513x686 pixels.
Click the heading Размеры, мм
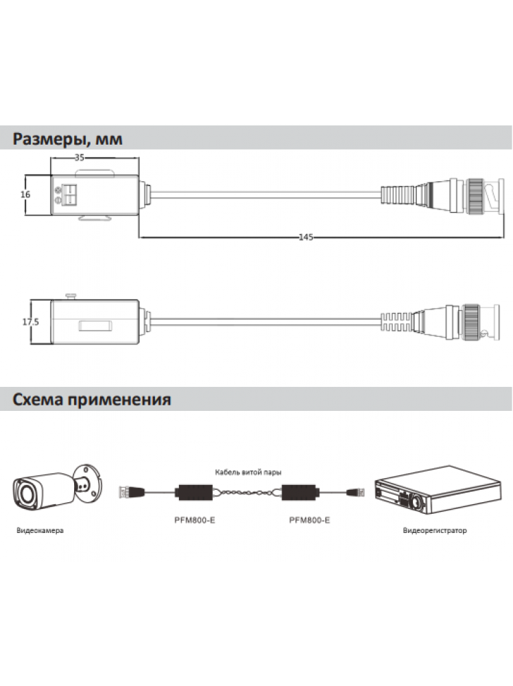67,139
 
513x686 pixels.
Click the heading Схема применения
91,399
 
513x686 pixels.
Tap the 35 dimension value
79,158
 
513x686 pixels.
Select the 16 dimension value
25,194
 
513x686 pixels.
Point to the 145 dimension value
306,237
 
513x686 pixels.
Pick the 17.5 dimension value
31,322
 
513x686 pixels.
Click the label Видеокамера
40,531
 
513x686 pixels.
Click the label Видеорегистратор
435,531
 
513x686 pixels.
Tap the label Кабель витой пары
248,472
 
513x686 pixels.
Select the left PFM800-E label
195,520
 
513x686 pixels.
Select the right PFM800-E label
309,520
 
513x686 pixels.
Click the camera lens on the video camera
24,493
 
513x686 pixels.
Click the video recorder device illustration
438,490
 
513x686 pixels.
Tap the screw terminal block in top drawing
69,195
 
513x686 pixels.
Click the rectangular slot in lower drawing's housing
95,326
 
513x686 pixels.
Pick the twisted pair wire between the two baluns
247,493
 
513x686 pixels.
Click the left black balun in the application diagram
193,493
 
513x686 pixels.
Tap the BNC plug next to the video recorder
355,493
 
